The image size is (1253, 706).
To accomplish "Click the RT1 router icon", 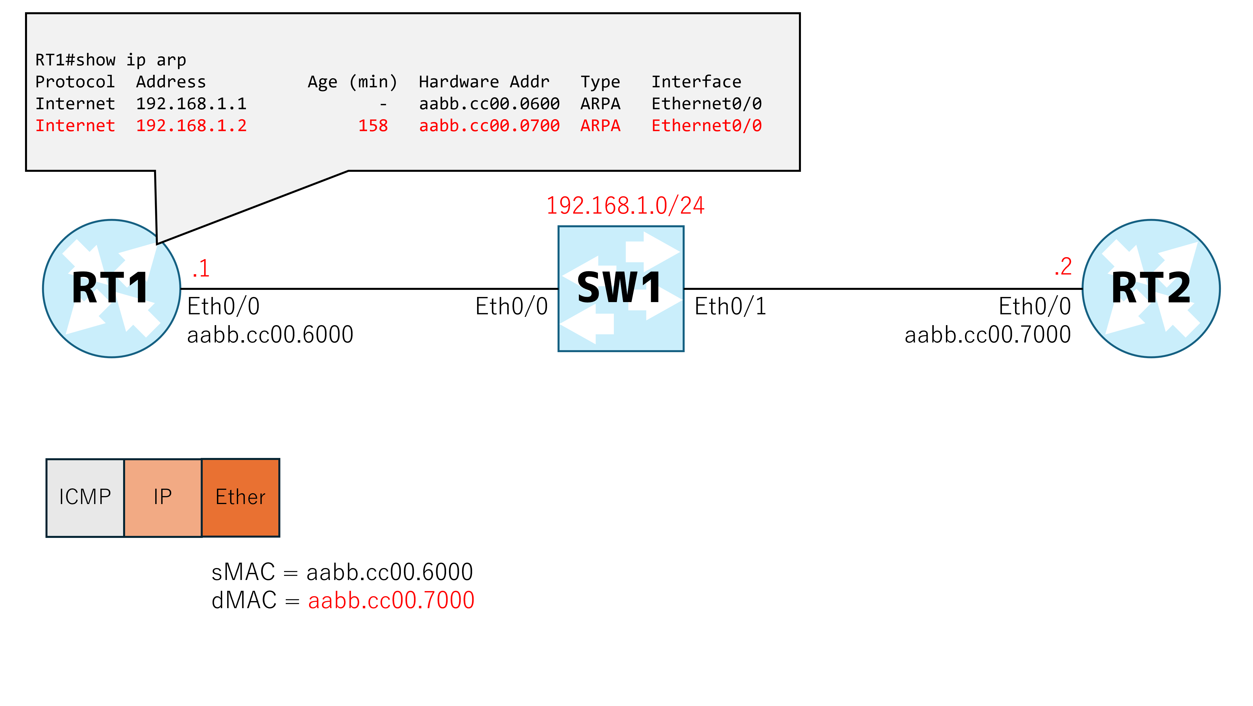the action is (x=111, y=288).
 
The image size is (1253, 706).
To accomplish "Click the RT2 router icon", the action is (x=1151, y=288).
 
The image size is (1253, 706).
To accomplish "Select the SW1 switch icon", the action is (x=621, y=288).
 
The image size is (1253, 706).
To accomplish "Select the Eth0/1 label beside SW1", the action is (x=730, y=307).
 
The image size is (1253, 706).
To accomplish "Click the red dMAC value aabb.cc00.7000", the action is (x=391, y=600).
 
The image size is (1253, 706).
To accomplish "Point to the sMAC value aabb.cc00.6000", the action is (x=389, y=572).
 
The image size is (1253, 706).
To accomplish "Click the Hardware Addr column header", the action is (x=484, y=82).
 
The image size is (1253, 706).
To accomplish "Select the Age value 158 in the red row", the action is (x=373, y=125).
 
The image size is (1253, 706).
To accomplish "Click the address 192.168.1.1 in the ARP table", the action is (x=191, y=104).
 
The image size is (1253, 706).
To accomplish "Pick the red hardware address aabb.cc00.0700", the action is (x=489, y=125).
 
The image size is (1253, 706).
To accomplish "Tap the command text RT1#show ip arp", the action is (x=111, y=60).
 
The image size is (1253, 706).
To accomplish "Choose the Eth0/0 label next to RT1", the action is (x=223, y=307).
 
